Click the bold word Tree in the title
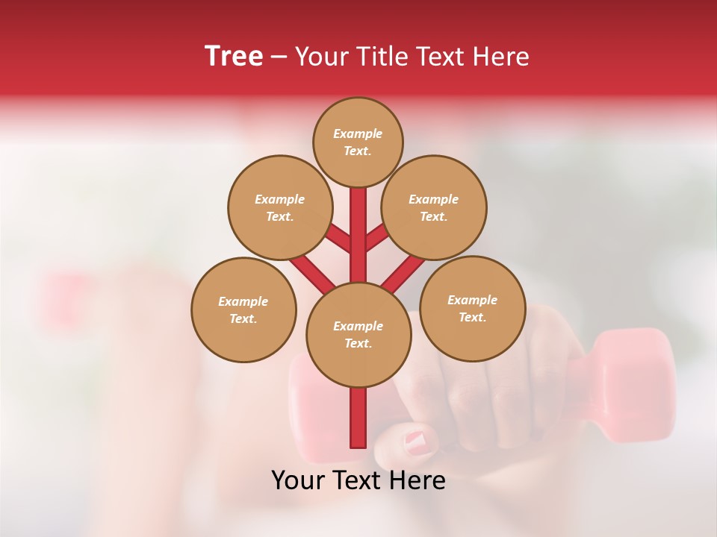[234, 56]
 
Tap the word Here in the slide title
[500, 57]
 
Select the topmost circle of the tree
[358, 142]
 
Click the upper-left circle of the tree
[280, 207]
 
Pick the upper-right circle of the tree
[434, 207]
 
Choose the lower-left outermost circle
[243, 310]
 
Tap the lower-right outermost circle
[472, 308]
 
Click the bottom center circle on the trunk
[358, 335]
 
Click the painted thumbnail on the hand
[418, 442]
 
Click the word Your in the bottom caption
[298, 480]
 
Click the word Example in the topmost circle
[358, 134]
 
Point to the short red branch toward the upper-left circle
[338, 239]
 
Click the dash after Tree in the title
[279, 57]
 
